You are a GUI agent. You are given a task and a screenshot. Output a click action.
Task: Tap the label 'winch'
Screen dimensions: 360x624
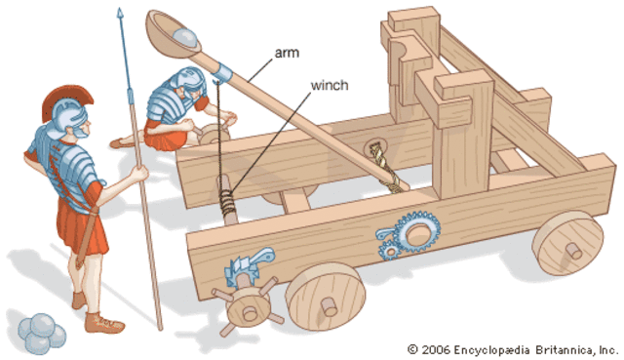pyautogui.click(x=330, y=85)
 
